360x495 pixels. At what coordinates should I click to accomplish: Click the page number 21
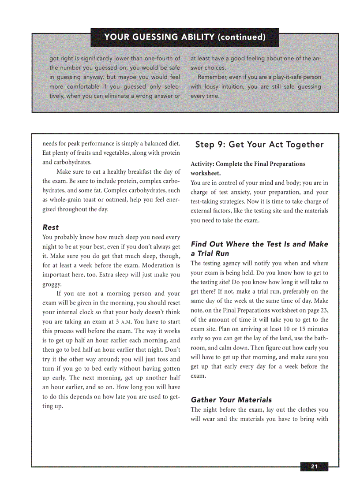[314, 467]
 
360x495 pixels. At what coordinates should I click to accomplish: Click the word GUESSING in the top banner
[152, 37]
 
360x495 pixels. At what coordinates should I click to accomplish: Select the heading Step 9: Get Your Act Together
[259, 145]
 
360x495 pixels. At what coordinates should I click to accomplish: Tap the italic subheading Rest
[51, 227]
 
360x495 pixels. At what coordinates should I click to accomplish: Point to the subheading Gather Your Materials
[231, 400]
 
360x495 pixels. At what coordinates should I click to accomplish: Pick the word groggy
[52, 284]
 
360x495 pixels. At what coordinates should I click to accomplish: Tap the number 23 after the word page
[324, 310]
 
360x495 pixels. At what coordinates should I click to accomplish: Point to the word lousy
[214, 87]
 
